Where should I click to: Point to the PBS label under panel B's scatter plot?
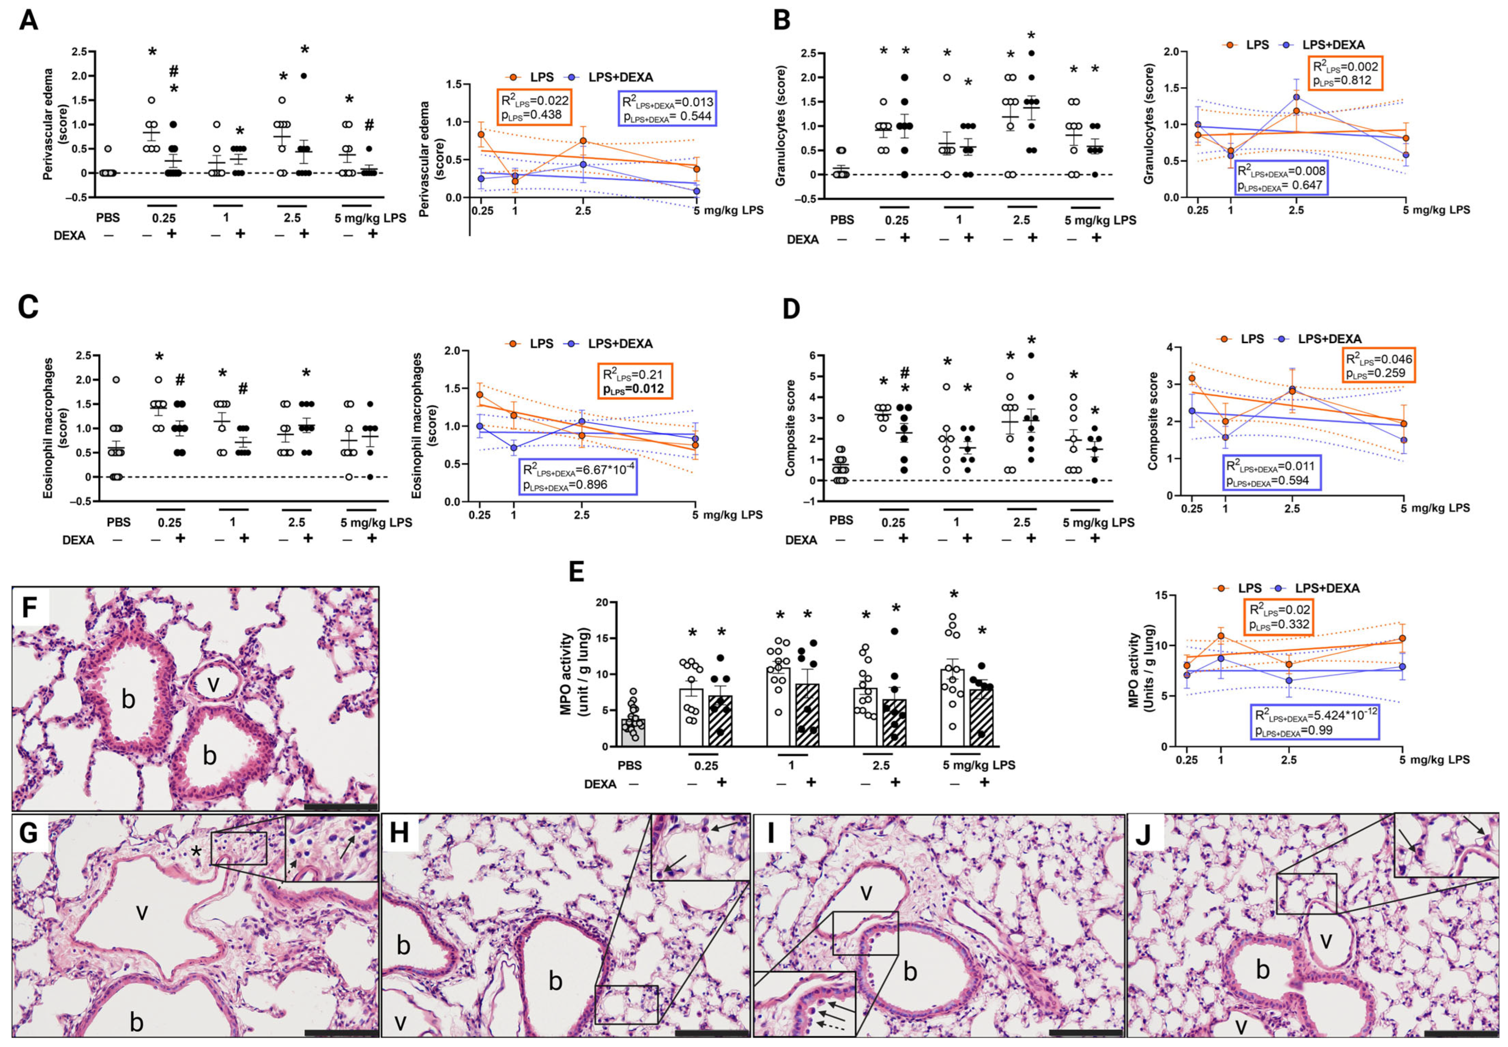pos(842,220)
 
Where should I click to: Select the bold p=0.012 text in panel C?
pos(634,389)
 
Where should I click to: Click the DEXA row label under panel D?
pos(801,540)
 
